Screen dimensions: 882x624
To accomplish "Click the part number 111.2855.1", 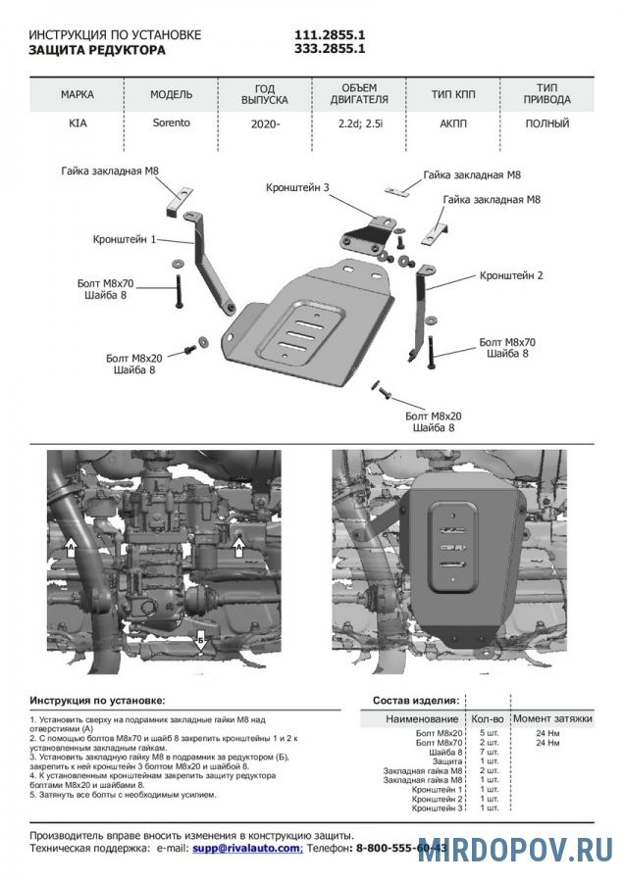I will pyautogui.click(x=330, y=34).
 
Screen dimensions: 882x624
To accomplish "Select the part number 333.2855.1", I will pyautogui.click(x=330, y=48).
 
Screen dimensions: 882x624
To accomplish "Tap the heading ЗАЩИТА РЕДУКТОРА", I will pyautogui.click(x=97, y=48).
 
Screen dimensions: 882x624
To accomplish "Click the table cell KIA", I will pyautogui.click(x=78, y=124).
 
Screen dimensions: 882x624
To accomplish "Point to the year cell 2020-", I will pyautogui.click(x=265, y=124).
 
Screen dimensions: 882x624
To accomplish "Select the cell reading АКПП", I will pyautogui.click(x=454, y=124).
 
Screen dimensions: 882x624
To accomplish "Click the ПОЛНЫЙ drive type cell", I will pyautogui.click(x=547, y=124).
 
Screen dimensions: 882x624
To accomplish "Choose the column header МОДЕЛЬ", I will pyautogui.click(x=171, y=95).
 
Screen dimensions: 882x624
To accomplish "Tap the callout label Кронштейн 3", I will pyautogui.click(x=296, y=187).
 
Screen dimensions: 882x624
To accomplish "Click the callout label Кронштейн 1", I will pyautogui.click(x=125, y=238).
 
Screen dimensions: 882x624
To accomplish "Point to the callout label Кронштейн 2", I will pyautogui.click(x=511, y=276).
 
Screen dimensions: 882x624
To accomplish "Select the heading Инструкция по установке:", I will pyautogui.click(x=97, y=702).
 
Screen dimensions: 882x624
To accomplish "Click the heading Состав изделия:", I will pyautogui.click(x=416, y=702).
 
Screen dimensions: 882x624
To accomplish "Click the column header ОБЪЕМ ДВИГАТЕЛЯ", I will pyautogui.click(x=359, y=94).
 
